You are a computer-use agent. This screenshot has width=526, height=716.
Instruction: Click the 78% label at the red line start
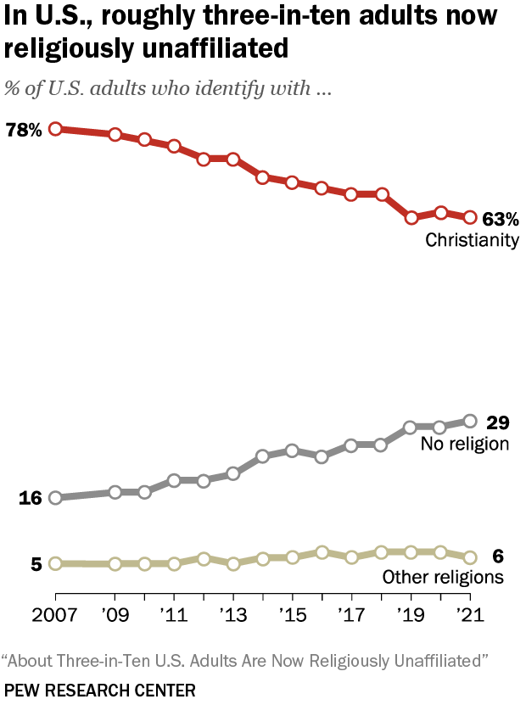[24, 130]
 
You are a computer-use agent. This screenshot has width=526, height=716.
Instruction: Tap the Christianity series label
[472, 240]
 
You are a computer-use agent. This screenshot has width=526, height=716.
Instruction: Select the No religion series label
[465, 444]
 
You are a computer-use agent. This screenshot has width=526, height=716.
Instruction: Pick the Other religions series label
[443, 578]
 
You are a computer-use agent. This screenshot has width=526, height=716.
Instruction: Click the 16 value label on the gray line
[31, 498]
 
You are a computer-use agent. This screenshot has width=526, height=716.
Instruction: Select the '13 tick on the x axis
[233, 613]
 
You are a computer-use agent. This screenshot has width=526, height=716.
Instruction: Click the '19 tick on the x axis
[411, 613]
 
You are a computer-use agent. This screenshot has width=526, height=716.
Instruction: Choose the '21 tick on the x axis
[471, 613]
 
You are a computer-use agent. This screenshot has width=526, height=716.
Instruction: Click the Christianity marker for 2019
[411, 218]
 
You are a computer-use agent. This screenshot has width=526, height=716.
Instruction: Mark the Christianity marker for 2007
[55, 129]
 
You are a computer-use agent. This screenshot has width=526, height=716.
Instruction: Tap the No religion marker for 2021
[471, 421]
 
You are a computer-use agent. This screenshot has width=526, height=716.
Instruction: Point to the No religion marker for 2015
[293, 450]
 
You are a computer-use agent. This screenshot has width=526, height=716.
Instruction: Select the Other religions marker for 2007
[55, 563]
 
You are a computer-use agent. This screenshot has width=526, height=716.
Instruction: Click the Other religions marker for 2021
[471, 557]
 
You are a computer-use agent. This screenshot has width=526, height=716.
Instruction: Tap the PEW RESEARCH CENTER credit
[99, 691]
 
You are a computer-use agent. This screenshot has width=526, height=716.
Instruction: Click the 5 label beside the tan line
[36, 563]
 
